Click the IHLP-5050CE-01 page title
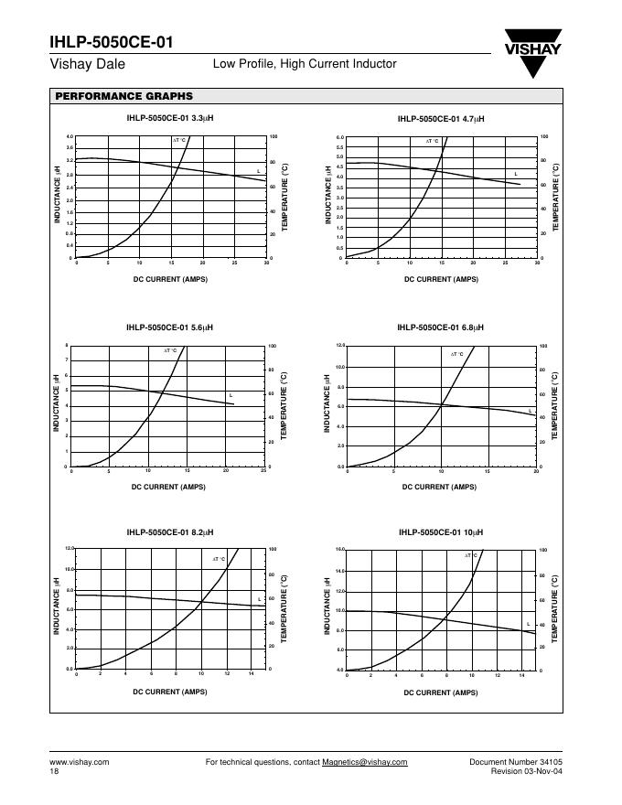pos(110,43)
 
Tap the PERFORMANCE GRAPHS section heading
pos(123,96)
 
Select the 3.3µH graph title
pos(170,119)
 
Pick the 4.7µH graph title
pos(440,119)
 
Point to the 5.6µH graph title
pos(170,327)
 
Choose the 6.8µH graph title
pos(440,327)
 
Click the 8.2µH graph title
pos(170,532)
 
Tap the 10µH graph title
pos(440,532)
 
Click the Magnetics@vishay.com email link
pos(365,762)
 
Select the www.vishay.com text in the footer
pos(79,762)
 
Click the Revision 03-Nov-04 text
pos(531,772)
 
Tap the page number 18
pos(54,772)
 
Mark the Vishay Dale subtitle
pos(87,65)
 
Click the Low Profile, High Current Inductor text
pos(305,64)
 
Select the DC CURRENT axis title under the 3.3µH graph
pos(170,279)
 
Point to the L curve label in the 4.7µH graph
pos(516,174)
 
